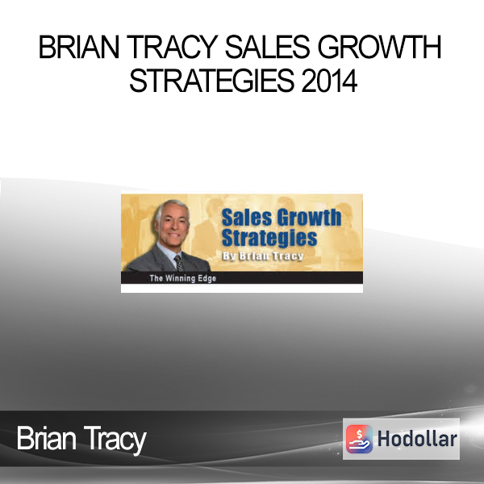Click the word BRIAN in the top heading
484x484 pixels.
coord(79,47)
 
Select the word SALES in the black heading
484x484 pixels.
coord(267,47)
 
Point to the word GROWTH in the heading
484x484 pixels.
coord(379,47)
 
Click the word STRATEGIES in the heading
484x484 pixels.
coord(211,81)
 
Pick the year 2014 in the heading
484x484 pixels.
coord(329,81)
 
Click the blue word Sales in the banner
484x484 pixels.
coord(247,217)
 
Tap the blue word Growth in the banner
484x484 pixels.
coord(309,217)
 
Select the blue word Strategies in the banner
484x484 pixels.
coord(269,238)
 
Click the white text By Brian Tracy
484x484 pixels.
coord(263,257)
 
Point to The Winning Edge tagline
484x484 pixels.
coord(183,278)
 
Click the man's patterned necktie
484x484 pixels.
coord(178,263)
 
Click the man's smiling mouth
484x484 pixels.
coord(173,234)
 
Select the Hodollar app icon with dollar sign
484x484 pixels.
coord(359,439)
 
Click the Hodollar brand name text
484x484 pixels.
coord(417,439)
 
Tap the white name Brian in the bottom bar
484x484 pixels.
coord(47,439)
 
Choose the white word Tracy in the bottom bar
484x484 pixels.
coord(115,440)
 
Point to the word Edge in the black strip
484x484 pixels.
coord(207,279)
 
